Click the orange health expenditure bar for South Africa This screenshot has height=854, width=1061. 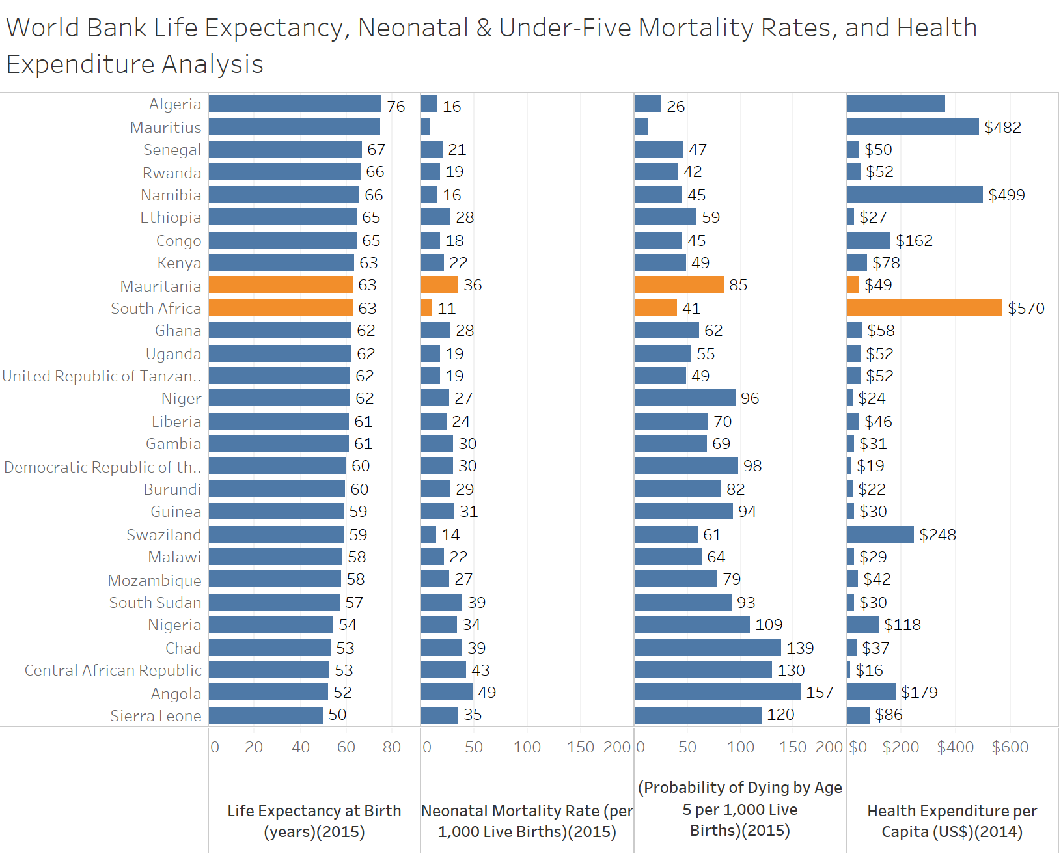click(x=924, y=308)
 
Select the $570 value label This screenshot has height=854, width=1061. click(x=1026, y=308)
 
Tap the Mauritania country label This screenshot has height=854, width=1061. click(x=161, y=286)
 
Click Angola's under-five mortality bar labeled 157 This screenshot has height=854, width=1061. click(x=717, y=692)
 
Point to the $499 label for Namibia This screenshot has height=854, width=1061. click(x=1006, y=195)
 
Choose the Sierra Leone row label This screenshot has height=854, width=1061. click(x=156, y=716)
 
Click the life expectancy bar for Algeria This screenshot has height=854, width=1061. click(x=295, y=104)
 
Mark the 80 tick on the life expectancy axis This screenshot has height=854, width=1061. click(x=392, y=747)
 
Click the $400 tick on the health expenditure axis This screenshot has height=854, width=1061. click(x=956, y=747)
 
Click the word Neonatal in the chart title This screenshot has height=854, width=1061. click(x=413, y=28)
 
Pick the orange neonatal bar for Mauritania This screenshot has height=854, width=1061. click(x=439, y=285)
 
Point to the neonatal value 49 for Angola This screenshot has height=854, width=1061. click(x=487, y=693)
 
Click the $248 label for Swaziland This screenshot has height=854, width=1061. click(x=937, y=535)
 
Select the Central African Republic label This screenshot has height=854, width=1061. click(x=113, y=670)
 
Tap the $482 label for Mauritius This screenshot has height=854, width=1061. click(x=1002, y=128)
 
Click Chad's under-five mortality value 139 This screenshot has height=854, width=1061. click(x=800, y=648)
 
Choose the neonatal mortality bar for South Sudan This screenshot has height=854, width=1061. click(x=441, y=602)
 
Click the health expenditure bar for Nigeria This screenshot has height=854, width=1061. click(x=862, y=625)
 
